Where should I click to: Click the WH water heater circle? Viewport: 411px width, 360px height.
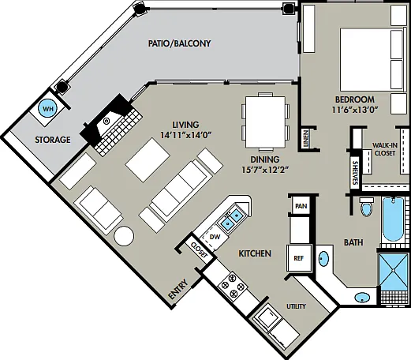coord(47,108)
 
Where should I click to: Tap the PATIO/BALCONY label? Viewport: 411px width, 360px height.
coord(179,43)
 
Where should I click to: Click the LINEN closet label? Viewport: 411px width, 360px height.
coord(305,139)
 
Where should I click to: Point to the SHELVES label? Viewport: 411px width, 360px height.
coord(355,173)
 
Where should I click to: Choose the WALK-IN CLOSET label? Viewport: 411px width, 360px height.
coord(385,149)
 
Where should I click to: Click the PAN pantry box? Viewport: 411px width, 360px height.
coord(301,205)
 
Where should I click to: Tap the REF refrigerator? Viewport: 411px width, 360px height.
coord(299,258)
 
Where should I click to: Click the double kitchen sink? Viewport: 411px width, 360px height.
coord(232,219)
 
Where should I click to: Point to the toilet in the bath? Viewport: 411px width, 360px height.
coord(367,207)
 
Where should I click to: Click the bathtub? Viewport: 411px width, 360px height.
coord(394,219)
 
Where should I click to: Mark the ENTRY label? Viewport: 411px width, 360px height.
coord(178,289)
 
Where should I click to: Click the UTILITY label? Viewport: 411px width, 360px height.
coord(296,306)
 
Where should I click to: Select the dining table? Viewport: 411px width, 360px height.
coord(266,122)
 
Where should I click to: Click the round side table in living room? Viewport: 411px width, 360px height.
coord(124,236)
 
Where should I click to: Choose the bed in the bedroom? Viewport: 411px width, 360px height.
coord(372,60)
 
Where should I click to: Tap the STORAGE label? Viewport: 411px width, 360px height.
coord(53,140)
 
